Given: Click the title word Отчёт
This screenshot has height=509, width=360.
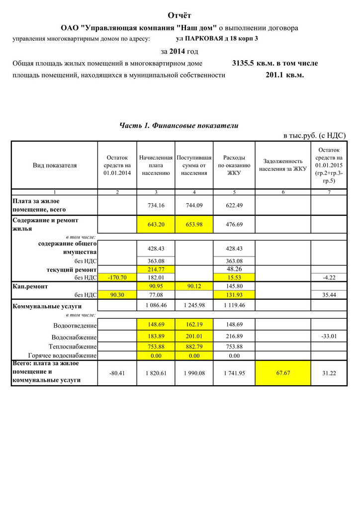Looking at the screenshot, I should pos(180,16).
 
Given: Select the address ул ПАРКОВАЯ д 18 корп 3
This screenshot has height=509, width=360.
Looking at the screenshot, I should pos(217,38).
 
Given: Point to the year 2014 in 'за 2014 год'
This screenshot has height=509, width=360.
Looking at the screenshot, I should pos(177,51).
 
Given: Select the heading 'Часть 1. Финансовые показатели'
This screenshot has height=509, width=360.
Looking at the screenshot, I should pos(179,126).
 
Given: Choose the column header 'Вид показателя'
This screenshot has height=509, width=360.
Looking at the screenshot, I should pos(55,166).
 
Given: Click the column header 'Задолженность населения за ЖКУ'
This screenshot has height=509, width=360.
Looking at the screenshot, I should pos(283,165).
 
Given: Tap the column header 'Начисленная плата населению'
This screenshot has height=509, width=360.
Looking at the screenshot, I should pos(156,165).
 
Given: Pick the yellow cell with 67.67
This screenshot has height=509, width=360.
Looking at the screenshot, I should pos(283,373).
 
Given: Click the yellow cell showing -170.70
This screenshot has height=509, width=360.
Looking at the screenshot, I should pos(117,277).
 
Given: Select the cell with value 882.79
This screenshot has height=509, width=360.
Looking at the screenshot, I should pos(194,346).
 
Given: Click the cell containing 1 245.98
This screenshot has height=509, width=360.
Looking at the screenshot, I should pos(194,306).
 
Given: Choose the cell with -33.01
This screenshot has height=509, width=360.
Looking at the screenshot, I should pos(329,336).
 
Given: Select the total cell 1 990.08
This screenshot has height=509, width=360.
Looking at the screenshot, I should pos(194,373).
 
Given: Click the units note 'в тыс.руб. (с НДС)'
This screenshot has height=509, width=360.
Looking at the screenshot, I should pos(314,136).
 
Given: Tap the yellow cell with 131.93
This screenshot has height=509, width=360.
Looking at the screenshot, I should pos(234,295).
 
